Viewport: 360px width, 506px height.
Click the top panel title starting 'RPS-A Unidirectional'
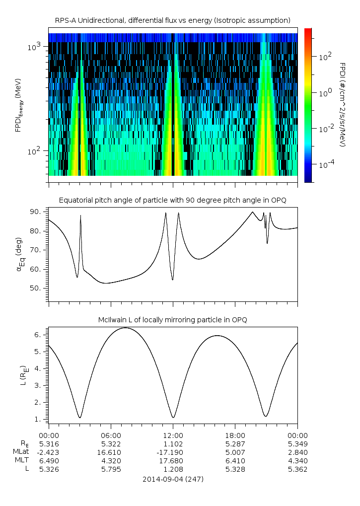click(172, 20)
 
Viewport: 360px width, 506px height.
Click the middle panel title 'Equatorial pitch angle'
click(172, 200)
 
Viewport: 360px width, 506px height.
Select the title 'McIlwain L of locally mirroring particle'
click(172, 320)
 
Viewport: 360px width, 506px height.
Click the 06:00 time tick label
click(111, 434)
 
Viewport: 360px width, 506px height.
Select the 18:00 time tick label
click(235, 434)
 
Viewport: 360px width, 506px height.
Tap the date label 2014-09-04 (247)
click(172, 479)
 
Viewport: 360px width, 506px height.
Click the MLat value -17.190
click(173, 452)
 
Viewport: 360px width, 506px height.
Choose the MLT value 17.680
click(173, 460)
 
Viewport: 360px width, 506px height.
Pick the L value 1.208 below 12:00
click(173, 469)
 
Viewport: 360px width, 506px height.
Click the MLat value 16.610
click(111, 452)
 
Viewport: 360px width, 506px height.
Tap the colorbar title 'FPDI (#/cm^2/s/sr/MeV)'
click(342, 104)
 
